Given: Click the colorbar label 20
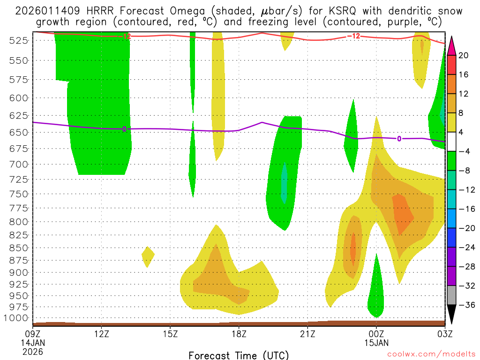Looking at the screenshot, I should point(463,55).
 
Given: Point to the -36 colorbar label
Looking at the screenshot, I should point(465,305).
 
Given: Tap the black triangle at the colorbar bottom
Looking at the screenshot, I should point(452,315).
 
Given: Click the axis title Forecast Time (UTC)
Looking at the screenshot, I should point(239,355).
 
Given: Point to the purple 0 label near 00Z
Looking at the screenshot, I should point(399,138).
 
